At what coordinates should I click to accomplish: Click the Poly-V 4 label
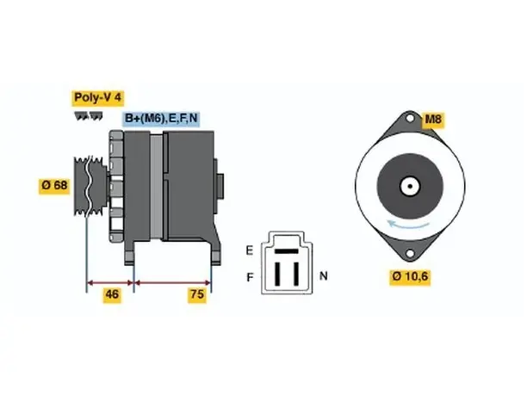click(x=97, y=98)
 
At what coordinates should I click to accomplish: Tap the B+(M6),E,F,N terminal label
click(x=161, y=118)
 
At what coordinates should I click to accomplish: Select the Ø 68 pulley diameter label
click(x=54, y=185)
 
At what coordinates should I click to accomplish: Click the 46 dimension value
click(x=112, y=294)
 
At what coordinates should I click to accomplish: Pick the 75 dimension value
click(x=197, y=294)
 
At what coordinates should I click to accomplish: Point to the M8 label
click(x=433, y=120)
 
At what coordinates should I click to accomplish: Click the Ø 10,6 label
click(x=410, y=276)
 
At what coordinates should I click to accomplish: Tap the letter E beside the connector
click(x=250, y=250)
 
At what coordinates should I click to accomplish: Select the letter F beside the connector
click(x=250, y=277)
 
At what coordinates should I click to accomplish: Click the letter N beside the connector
click(x=323, y=276)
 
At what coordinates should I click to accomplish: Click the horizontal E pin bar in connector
click(x=287, y=251)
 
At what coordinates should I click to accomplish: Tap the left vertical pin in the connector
click(x=277, y=274)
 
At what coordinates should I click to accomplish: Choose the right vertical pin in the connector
click(x=296, y=274)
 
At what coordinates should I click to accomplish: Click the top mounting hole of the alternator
click(x=410, y=119)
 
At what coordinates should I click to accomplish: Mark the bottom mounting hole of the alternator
click(x=410, y=253)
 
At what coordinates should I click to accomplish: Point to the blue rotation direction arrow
click(x=407, y=225)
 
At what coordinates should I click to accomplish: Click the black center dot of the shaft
click(x=410, y=187)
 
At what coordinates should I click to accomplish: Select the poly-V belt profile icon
click(x=89, y=116)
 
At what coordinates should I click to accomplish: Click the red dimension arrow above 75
click(x=173, y=282)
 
